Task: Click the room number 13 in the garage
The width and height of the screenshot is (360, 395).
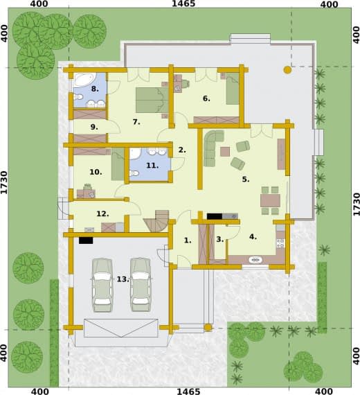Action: click(123, 279)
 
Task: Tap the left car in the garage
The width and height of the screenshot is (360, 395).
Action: click(102, 285)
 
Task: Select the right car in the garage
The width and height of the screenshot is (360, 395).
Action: click(141, 285)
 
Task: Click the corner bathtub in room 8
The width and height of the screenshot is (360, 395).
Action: click(85, 81)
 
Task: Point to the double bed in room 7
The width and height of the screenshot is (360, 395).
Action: click(152, 100)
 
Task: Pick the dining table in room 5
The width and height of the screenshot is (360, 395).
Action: click(271, 200)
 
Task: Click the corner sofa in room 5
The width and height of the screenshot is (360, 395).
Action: click(213, 148)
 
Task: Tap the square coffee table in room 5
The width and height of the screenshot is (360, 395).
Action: click(225, 152)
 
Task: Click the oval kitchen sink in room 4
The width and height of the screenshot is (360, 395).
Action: click(255, 260)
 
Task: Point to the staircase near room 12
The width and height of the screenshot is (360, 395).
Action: click(157, 221)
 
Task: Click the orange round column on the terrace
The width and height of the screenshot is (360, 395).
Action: click(287, 70)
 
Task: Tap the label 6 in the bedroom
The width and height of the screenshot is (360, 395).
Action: click(206, 98)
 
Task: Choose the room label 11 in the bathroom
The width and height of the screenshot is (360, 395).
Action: click(152, 166)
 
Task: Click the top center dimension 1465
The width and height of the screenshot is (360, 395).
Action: click(183, 3)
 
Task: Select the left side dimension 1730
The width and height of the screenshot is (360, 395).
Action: click(4, 182)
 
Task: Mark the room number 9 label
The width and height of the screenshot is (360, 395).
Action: click(94, 128)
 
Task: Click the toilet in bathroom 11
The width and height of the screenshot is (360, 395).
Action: click(134, 173)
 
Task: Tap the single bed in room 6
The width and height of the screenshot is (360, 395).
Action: click(233, 89)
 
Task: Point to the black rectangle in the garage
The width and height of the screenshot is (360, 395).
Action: click(86, 240)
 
